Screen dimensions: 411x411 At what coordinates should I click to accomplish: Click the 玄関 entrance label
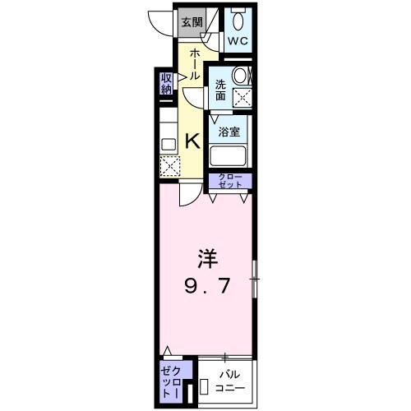[192, 21]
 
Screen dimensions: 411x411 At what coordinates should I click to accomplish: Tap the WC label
[238, 41]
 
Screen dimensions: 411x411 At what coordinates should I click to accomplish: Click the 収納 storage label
[166, 83]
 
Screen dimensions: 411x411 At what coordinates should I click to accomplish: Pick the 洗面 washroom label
[221, 90]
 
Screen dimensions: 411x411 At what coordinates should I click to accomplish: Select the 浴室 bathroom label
[229, 131]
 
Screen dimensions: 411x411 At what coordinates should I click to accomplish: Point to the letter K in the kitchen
[192, 141]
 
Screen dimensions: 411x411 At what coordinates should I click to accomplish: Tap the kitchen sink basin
[168, 145]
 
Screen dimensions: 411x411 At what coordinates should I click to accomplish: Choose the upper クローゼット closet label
[229, 182]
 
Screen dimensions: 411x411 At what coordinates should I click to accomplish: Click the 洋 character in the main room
[205, 259]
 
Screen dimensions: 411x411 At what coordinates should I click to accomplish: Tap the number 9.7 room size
[205, 287]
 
